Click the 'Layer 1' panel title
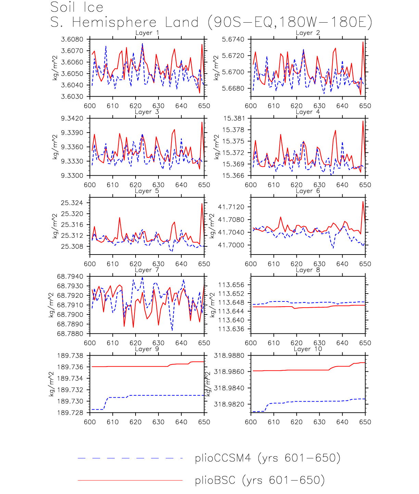[x=147, y=33]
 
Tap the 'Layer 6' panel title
[x=308, y=191]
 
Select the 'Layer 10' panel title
[x=308, y=349]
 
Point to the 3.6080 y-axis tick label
[x=72, y=39]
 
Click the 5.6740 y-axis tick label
[x=233, y=39]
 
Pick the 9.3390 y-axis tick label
[x=72, y=133]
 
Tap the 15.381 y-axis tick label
[x=234, y=119]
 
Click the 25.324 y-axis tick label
[x=72, y=203]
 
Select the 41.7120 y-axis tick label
[x=231, y=207]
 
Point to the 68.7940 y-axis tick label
[x=70, y=276]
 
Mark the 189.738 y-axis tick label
[x=70, y=356]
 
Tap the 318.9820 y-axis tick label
[x=229, y=404]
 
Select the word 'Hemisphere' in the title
[x=114, y=23]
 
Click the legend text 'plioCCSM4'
[x=223, y=458]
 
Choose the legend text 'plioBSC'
[x=215, y=480]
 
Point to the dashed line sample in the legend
[x=130, y=458]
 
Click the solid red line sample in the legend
[x=130, y=480]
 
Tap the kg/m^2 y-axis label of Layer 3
[x=55, y=147]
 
